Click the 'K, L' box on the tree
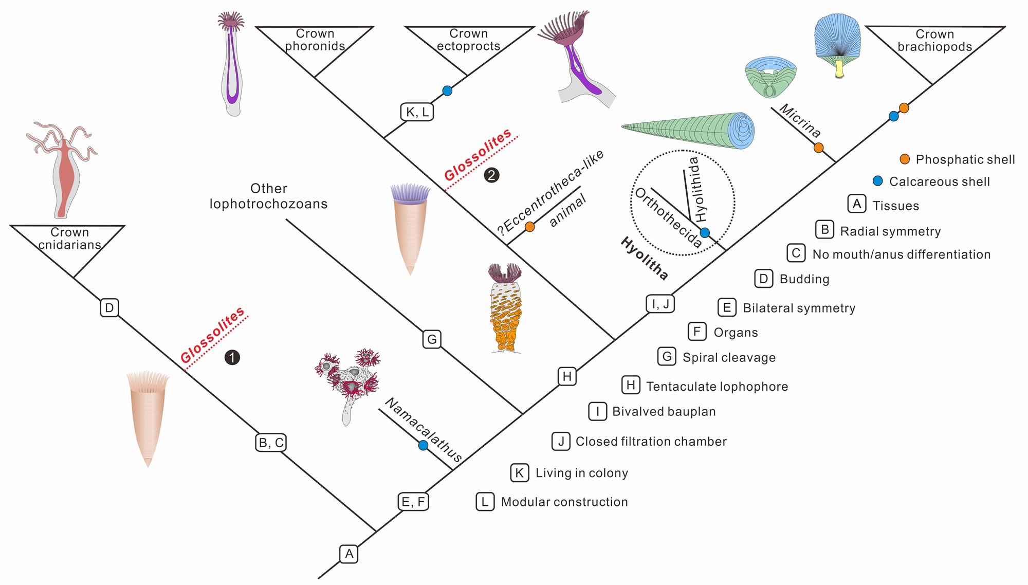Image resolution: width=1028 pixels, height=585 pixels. [417, 112]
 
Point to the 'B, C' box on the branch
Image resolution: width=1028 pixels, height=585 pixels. [271, 443]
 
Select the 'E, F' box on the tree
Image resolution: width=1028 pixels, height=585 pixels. [413, 502]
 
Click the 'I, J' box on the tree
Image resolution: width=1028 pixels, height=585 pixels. [660, 304]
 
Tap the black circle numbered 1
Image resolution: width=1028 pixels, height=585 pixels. [232, 357]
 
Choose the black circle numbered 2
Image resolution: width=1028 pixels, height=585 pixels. [491, 175]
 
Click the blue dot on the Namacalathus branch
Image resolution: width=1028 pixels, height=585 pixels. [423, 445]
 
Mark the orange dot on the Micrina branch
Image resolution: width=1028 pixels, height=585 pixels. [819, 148]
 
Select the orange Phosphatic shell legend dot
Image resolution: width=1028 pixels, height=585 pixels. [905, 159]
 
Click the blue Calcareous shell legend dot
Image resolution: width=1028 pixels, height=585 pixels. [878, 181]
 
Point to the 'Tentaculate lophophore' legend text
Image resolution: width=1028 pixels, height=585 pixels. [717, 387]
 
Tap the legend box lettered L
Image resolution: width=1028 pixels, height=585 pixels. [485, 502]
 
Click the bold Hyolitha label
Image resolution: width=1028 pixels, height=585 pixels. [645, 259]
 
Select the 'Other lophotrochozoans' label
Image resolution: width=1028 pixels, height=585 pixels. [268, 196]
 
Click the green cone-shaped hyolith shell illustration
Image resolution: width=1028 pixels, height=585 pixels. [689, 130]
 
